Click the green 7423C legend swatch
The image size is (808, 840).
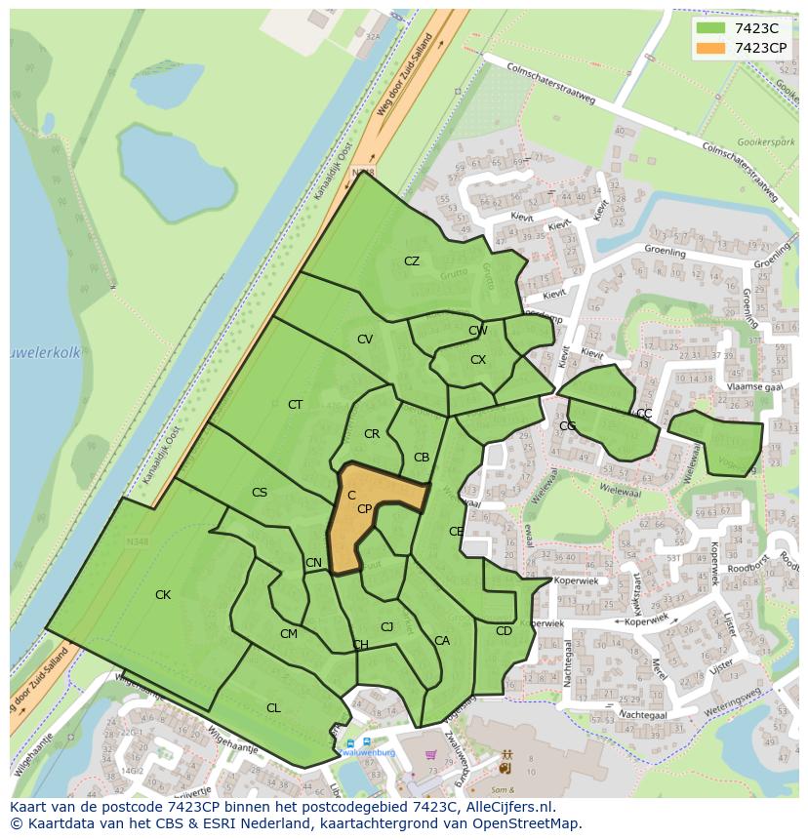click(x=711, y=28)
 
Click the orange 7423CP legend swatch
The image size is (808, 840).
click(x=711, y=48)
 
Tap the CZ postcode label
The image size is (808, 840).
click(x=412, y=261)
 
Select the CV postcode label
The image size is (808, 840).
click(x=365, y=340)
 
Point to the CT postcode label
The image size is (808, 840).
click(x=295, y=405)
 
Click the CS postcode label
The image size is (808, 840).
click(x=259, y=493)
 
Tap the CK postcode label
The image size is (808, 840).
click(x=163, y=595)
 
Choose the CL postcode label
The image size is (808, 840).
click(x=273, y=708)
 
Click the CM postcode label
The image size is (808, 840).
click(x=288, y=634)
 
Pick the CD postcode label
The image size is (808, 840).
click(x=504, y=631)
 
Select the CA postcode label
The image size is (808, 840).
click(x=442, y=641)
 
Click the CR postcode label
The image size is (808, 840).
click(x=372, y=434)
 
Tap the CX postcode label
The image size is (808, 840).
click(x=478, y=360)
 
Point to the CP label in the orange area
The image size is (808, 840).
click(x=364, y=509)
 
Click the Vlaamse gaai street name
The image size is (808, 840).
click(x=754, y=386)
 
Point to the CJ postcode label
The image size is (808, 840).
click(x=387, y=627)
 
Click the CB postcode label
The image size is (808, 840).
click(x=422, y=458)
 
